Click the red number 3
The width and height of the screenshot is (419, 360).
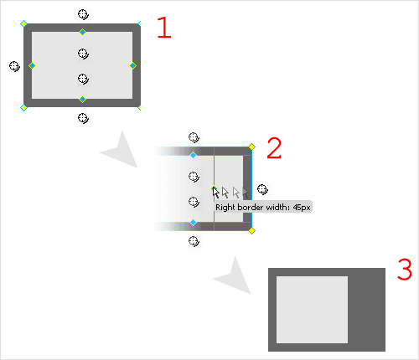point(404,270)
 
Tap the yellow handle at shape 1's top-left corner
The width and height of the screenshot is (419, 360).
point(23,23)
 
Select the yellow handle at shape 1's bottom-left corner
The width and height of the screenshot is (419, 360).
point(23,107)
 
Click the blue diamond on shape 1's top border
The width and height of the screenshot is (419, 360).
point(82,33)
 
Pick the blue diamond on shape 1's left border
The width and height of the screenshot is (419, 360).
point(33,65)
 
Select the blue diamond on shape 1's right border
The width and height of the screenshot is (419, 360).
point(132,65)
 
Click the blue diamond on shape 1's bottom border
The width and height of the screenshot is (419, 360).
point(82,99)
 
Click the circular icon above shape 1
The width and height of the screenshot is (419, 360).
point(82,14)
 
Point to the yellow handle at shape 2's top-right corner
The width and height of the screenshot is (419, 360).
point(251,146)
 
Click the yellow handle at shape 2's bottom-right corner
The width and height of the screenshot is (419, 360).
point(251,230)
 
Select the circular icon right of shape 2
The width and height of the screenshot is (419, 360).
point(262,189)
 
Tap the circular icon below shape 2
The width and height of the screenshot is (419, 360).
point(194,241)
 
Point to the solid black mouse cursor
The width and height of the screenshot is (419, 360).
point(215,192)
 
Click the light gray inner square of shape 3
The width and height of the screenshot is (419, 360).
point(312,309)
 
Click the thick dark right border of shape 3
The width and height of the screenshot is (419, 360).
point(366,309)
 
